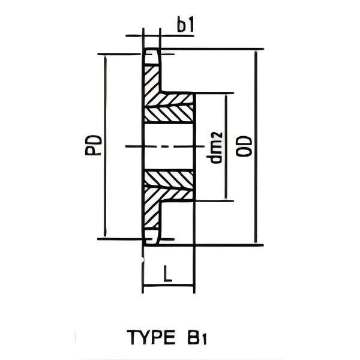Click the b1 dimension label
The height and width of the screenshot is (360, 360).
185,25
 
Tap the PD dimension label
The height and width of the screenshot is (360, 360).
93,146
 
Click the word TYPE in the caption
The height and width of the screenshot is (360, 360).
149,338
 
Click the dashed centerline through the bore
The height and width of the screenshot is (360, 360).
162,146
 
